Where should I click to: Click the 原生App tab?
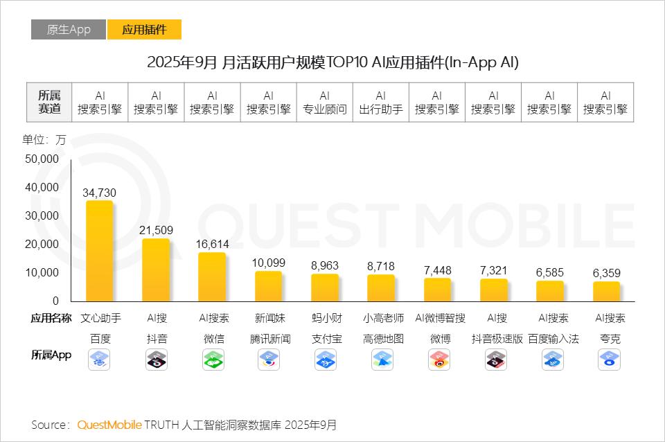[69, 30]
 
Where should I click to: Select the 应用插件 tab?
[144, 30]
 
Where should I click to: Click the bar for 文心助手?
[100, 251]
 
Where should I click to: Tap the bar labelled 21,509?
[156, 269]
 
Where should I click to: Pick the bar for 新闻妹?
[269, 286]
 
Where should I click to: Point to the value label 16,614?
[212, 245]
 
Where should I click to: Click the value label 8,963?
[325, 265]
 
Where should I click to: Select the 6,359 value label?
[606, 273]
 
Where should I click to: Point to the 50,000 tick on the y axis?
[42, 159]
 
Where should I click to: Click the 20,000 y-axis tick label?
[42, 244]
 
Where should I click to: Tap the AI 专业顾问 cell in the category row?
[325, 103]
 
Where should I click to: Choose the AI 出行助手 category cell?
[381, 103]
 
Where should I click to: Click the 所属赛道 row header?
[49, 103]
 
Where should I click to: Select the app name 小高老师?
[381, 319]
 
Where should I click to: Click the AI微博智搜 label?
[440, 319]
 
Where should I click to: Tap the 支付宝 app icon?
[325, 359]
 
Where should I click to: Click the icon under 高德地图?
[382, 359]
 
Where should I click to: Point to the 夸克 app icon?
[610, 359]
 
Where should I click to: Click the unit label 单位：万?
[44, 139]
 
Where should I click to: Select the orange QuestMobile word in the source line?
[109, 425]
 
